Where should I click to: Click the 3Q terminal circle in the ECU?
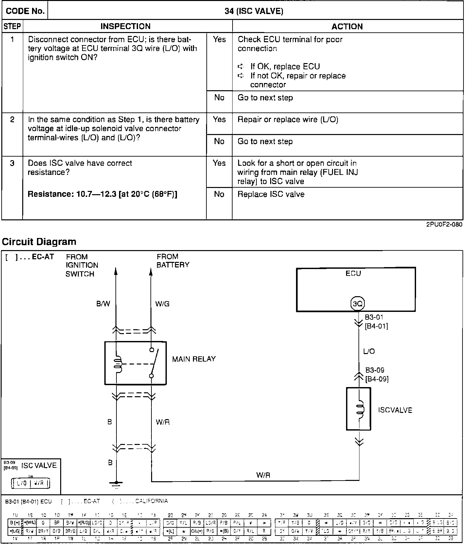[357, 303]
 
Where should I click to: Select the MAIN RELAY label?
[194, 359]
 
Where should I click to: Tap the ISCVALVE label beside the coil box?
[395, 410]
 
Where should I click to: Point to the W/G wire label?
[162, 304]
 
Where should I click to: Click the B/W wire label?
[103, 304]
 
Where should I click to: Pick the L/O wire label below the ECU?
[369, 351]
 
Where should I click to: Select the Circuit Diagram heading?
[39, 242]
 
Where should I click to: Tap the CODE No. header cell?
[25, 11]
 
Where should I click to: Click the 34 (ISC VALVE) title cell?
[254, 11]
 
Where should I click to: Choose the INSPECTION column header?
[125, 26]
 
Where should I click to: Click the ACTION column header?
[347, 26]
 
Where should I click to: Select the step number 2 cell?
[12, 120]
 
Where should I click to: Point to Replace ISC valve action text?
[271, 194]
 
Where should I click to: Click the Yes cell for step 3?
[219, 163]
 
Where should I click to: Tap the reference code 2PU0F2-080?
[444, 225]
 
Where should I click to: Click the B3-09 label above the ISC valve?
[375, 370]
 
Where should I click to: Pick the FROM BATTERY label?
[172, 261]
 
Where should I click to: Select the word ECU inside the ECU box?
[353, 273]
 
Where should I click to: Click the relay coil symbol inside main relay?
[118, 364]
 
